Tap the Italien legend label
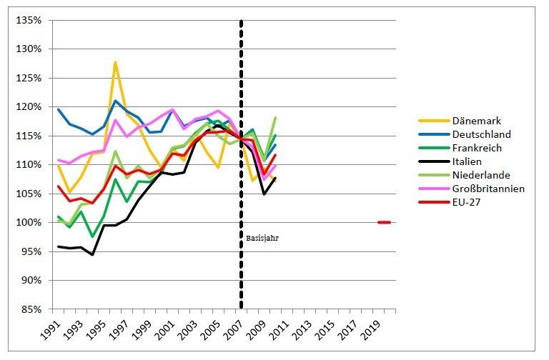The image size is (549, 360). tap(468, 161)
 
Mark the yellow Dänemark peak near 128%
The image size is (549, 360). tap(115, 62)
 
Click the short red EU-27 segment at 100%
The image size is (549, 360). tap(384, 223)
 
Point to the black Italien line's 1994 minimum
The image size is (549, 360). tap(92, 254)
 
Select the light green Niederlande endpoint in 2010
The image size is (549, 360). tap(275, 117)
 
